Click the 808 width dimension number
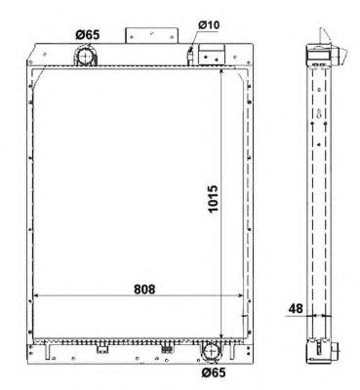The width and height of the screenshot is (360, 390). click(144, 290)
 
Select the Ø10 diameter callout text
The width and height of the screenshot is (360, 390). click(208, 22)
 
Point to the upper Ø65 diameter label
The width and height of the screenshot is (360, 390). click(87, 35)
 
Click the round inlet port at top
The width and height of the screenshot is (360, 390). click(87, 58)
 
